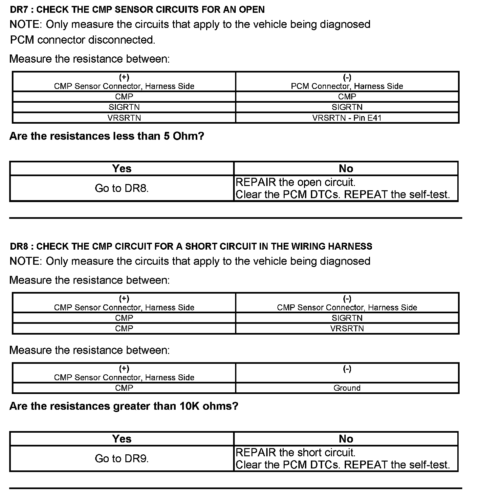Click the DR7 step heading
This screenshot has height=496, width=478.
pos(137,10)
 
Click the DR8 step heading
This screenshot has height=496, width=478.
pos(191,246)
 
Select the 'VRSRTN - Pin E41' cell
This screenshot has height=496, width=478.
pos(347,118)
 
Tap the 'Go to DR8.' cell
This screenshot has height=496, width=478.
pos(122,188)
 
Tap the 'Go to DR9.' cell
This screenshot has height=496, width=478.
pos(122,459)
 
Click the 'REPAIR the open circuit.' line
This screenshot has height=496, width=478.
pos(295,182)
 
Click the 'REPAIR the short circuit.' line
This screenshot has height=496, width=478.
pos(295,453)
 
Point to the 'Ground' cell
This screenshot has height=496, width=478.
pos(347,388)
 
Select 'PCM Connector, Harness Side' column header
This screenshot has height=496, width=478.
pos(347,86)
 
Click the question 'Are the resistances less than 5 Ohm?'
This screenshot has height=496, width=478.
pos(107,136)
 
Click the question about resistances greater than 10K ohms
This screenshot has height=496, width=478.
pos(124,406)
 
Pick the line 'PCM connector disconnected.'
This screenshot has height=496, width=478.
pos(83,40)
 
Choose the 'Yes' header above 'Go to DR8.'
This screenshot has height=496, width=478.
pos(122,169)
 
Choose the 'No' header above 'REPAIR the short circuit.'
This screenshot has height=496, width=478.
pos(346,439)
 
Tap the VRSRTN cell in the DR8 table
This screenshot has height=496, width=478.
pos(347,328)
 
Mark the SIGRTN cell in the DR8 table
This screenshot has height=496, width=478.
pos(347,318)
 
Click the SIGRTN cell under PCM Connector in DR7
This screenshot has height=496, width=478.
pos(347,107)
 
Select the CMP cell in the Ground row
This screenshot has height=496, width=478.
pos(124,388)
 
